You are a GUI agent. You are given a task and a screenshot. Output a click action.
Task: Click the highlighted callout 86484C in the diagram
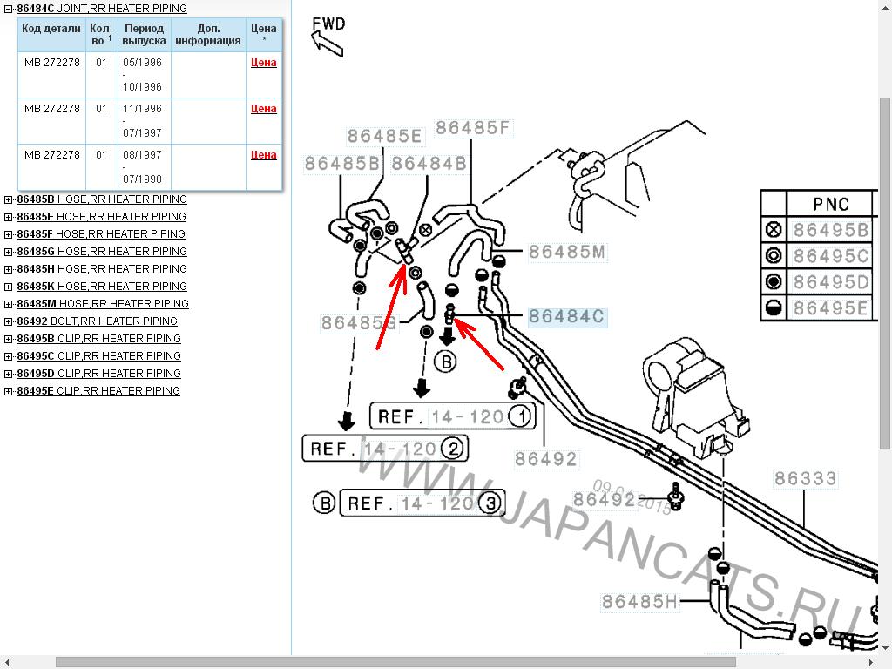[566, 317]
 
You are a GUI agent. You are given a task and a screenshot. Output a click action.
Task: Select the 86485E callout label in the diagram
[384, 136]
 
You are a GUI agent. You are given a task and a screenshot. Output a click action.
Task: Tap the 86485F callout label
[472, 128]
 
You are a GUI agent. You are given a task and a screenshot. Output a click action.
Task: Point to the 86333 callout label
[805, 478]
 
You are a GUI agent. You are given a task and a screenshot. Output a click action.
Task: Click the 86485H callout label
[639, 601]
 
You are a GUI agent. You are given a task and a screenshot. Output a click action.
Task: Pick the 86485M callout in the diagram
[567, 253]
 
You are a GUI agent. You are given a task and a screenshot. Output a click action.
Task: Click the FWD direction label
[328, 24]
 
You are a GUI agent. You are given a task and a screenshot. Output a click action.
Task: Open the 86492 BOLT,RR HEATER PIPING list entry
[97, 321]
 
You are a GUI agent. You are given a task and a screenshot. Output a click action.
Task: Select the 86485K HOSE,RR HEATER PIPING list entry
[101, 286]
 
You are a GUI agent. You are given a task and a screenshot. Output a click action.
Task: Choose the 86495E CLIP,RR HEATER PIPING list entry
[98, 390]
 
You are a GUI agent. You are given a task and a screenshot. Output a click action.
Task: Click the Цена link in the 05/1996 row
[263, 63]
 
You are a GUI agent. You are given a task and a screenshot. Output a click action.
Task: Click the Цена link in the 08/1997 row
[263, 155]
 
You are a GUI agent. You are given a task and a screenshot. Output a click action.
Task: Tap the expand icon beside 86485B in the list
[9, 199]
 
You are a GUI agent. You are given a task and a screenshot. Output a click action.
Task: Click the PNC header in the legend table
[830, 204]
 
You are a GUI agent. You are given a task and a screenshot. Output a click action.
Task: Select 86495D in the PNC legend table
[831, 282]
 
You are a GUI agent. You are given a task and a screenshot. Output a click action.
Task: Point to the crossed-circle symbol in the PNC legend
[773, 230]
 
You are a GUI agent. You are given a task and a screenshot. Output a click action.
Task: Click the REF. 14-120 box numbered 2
[385, 449]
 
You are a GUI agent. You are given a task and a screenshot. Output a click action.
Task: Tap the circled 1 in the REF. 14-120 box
[520, 416]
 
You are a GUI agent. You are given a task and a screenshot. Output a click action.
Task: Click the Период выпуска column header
[144, 34]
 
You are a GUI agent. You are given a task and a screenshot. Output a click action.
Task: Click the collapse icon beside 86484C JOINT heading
[9, 9]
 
